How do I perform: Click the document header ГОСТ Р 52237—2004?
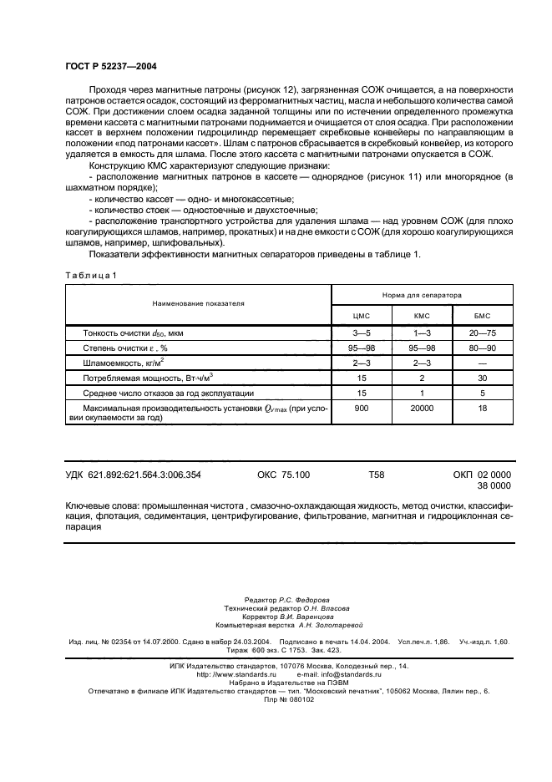tap(110, 66)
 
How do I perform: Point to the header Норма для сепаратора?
tap(422, 295)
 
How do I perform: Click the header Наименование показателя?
tap(197, 306)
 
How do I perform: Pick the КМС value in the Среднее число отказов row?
tap(422, 392)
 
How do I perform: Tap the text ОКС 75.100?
tap(284, 475)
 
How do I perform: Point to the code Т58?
tap(377, 475)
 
